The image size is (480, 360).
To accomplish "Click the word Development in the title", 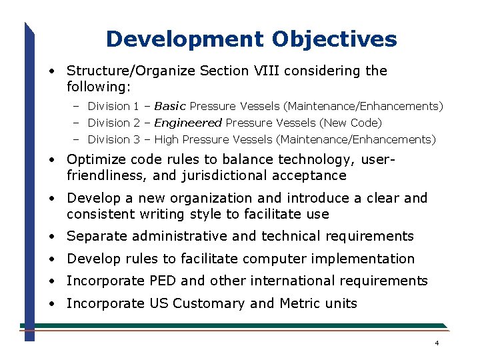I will (x=185, y=39).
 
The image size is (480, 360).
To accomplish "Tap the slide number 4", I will (x=436, y=343).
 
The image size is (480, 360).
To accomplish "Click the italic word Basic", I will (x=170, y=106).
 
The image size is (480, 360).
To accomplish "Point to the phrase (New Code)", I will (x=351, y=123).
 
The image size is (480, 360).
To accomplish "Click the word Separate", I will (x=97, y=236).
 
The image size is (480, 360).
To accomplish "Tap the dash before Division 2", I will (x=77, y=123).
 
